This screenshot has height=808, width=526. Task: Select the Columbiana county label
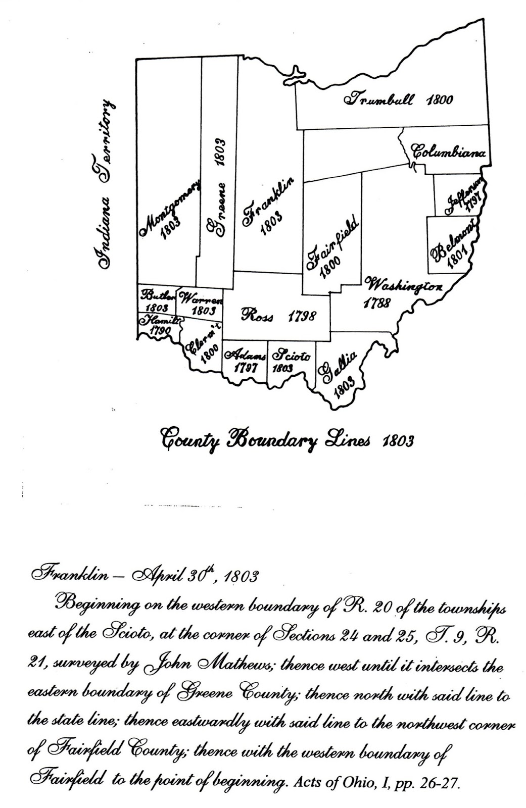[449, 151]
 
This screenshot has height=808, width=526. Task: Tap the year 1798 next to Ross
[301, 316]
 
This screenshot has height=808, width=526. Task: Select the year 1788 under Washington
[376, 303]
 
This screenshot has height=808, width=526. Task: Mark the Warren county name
[201, 298]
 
